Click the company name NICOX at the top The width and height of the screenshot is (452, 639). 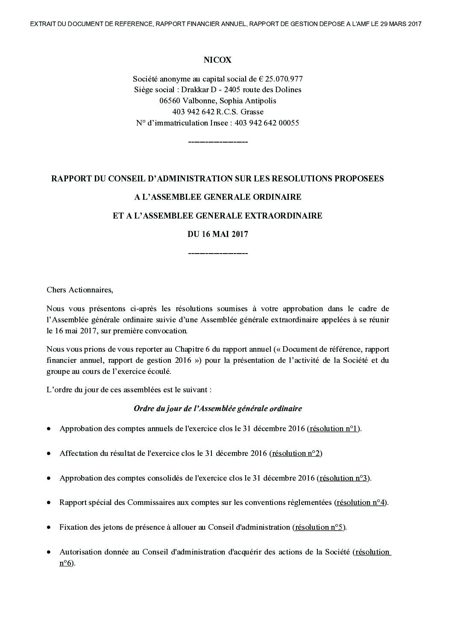pyautogui.click(x=217, y=60)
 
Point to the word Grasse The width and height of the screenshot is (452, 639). pyautogui.click(x=252, y=112)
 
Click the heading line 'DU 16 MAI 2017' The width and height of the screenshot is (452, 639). pyautogui.click(x=217, y=234)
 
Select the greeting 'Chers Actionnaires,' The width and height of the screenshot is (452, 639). pyautogui.click(x=80, y=290)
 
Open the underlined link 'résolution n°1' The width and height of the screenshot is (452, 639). pyautogui.click(x=334, y=429)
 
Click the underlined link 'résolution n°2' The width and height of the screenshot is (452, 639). pyautogui.click(x=296, y=453)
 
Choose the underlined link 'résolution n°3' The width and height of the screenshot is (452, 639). pyautogui.click(x=343, y=478)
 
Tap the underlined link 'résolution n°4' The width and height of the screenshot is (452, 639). pyautogui.click(x=361, y=502)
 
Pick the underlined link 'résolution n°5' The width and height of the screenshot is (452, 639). pyautogui.click(x=319, y=527)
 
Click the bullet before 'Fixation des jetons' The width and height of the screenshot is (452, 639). pyautogui.click(x=50, y=528)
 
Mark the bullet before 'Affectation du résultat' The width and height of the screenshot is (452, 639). pyautogui.click(x=50, y=454)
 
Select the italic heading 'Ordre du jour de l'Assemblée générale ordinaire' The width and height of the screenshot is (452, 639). pyautogui.click(x=217, y=408)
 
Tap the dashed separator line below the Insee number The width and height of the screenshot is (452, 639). pyautogui.click(x=217, y=142)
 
